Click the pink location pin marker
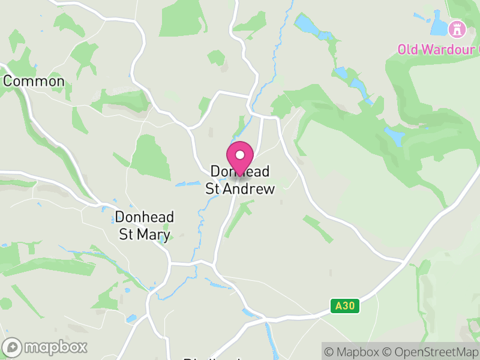(x=240, y=157)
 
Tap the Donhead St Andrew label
(x=240, y=180)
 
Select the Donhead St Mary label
(x=145, y=226)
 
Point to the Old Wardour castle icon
(x=458, y=28)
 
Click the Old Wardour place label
(x=438, y=49)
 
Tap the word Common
(x=34, y=81)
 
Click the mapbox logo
(x=45, y=347)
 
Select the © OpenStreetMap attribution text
(x=430, y=350)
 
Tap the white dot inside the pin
(x=240, y=155)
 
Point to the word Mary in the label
(x=153, y=235)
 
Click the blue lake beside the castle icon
(x=439, y=27)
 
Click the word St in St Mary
(x=126, y=235)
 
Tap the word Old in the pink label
(x=409, y=49)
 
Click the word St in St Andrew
(x=213, y=189)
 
